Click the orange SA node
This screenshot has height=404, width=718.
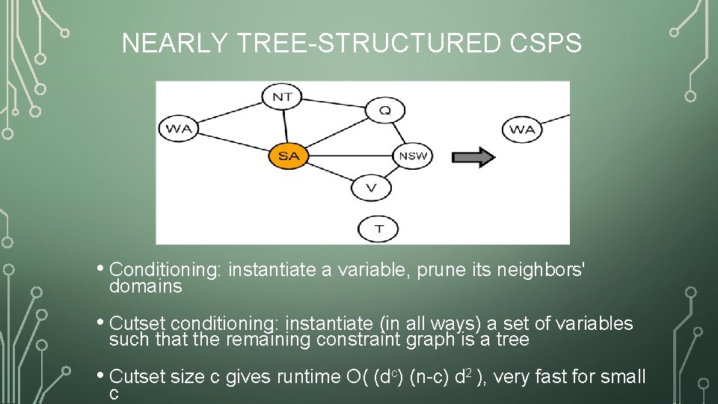click(288, 156)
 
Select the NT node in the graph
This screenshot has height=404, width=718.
click(282, 97)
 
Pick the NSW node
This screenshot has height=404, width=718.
click(413, 156)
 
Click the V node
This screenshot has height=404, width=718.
click(372, 188)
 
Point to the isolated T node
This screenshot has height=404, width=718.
click(379, 228)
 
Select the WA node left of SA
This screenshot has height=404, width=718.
click(179, 129)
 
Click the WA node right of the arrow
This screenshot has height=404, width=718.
click(522, 129)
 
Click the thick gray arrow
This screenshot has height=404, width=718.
click(473, 157)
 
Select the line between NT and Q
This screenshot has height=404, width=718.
click(333, 103)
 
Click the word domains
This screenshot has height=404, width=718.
click(145, 287)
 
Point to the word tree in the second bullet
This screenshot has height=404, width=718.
click(513, 340)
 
